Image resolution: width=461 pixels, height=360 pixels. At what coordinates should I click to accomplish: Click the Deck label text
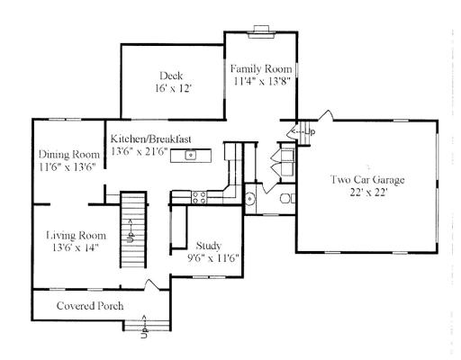(171, 76)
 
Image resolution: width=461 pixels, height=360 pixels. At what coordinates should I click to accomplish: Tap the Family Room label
(261, 69)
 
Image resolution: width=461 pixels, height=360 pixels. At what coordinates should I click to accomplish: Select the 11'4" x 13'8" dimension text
(261, 81)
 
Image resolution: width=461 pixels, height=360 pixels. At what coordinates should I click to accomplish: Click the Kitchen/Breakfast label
(150, 139)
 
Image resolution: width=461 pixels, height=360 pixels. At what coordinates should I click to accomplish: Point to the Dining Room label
(69, 154)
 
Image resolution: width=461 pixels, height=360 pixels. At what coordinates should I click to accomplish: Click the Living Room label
(76, 235)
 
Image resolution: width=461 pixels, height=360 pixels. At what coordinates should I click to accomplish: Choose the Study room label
(209, 246)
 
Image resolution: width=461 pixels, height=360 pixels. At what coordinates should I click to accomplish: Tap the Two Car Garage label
(367, 179)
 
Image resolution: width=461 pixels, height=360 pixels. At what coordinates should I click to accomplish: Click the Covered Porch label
(90, 306)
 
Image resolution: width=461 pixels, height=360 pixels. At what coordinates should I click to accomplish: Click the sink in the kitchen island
(190, 155)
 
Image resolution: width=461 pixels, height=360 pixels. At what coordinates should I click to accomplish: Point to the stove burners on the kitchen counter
(199, 197)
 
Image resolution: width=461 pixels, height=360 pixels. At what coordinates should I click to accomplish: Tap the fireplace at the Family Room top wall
(261, 32)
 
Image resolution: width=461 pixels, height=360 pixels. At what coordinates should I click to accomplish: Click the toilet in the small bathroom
(287, 198)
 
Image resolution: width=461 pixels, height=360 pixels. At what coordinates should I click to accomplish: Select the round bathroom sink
(249, 199)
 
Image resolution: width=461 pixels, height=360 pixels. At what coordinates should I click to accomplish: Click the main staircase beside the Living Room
(133, 229)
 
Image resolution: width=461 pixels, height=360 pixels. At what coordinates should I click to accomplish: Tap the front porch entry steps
(147, 326)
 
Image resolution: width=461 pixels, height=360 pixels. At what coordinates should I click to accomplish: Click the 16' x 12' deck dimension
(173, 88)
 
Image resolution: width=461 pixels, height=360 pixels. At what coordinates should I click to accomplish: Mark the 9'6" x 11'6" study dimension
(212, 258)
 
